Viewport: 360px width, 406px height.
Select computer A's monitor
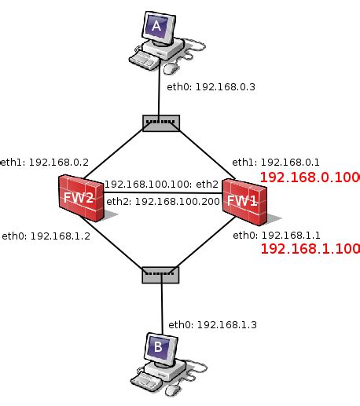pos(156,27)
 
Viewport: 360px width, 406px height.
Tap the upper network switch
pos(161,123)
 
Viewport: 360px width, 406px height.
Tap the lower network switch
pos(161,274)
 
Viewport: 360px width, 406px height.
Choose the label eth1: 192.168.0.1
pos(276,162)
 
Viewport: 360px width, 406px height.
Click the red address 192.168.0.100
pos(310,177)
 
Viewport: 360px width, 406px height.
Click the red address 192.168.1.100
pos(310,250)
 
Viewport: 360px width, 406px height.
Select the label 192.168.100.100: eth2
pos(162,185)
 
